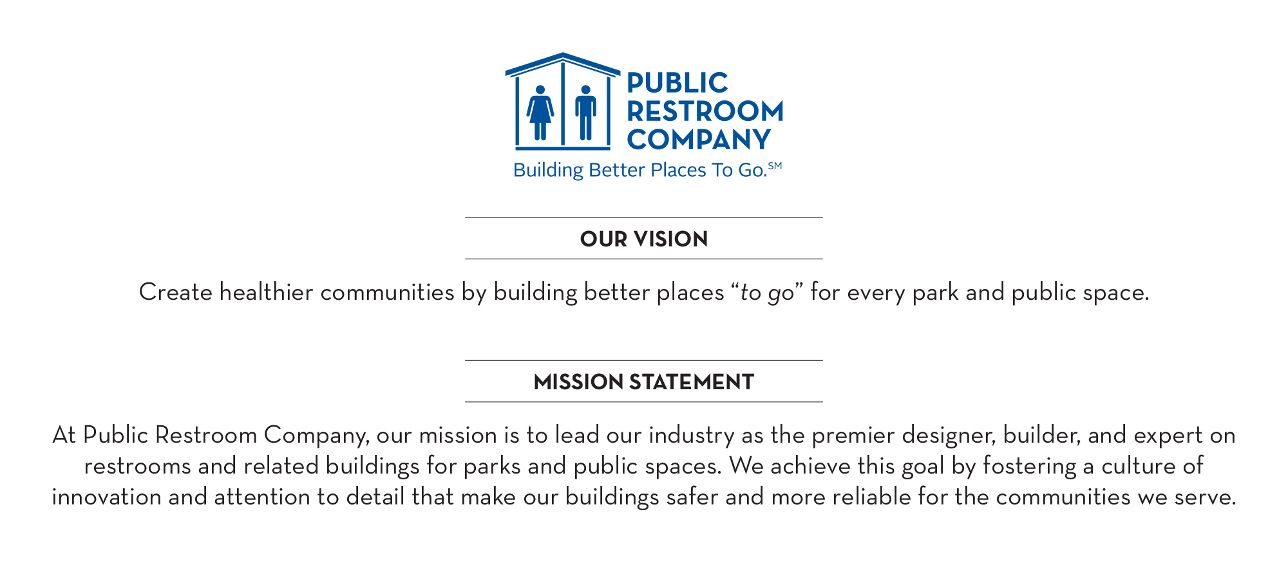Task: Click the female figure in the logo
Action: [540, 113]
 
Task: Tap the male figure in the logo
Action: [585, 113]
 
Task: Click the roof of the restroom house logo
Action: [563, 64]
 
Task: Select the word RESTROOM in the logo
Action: [705, 111]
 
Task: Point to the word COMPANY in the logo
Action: [699, 140]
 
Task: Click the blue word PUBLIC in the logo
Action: [677, 83]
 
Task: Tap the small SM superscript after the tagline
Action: [775, 165]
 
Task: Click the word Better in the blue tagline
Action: [616, 170]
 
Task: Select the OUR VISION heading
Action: [644, 239]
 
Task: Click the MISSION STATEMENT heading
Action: [644, 382]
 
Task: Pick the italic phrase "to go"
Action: [768, 293]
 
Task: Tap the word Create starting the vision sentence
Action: [176, 292]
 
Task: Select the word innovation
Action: [106, 497]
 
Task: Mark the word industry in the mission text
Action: [692, 436]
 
